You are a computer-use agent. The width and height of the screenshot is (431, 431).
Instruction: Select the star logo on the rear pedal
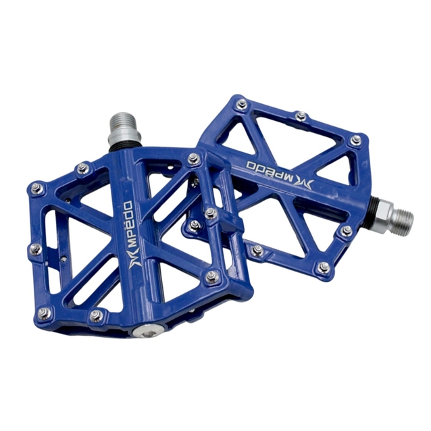305,184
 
